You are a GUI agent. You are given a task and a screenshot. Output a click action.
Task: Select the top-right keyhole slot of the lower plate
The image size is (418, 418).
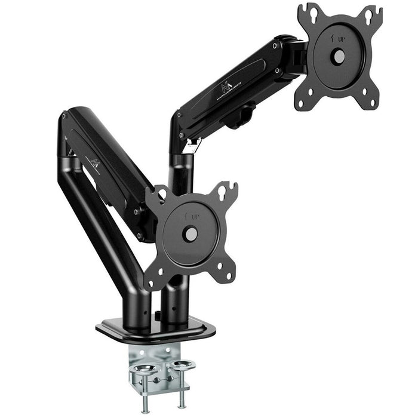[x=228, y=190]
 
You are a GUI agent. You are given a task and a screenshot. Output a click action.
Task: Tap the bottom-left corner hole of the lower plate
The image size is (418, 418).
[x=153, y=279]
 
